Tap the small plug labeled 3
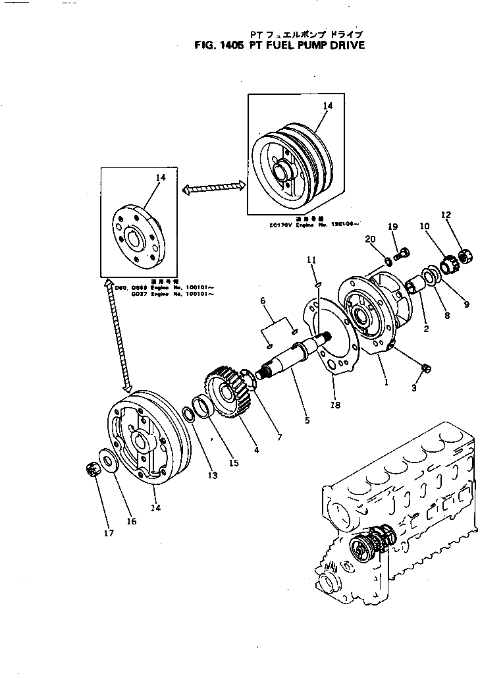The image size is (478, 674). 425,368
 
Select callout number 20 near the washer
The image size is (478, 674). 369,239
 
